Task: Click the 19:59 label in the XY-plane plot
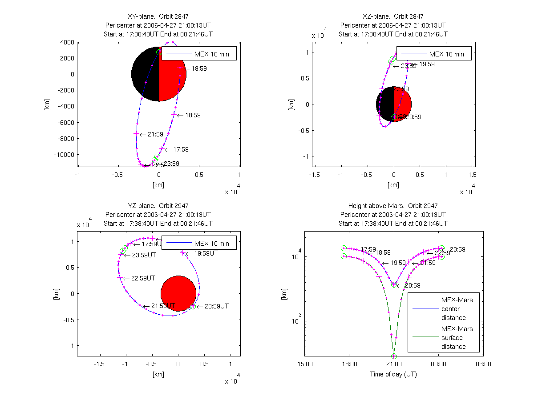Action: (x=199, y=68)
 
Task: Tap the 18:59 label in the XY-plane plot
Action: (x=193, y=115)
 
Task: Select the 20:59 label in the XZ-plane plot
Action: (x=413, y=117)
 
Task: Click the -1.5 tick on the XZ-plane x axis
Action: (x=315, y=175)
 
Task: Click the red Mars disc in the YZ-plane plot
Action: (x=178, y=293)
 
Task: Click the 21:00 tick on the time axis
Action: (x=394, y=364)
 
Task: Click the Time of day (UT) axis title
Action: (x=393, y=374)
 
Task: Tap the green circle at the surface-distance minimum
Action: (x=394, y=356)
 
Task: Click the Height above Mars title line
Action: (x=393, y=206)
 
